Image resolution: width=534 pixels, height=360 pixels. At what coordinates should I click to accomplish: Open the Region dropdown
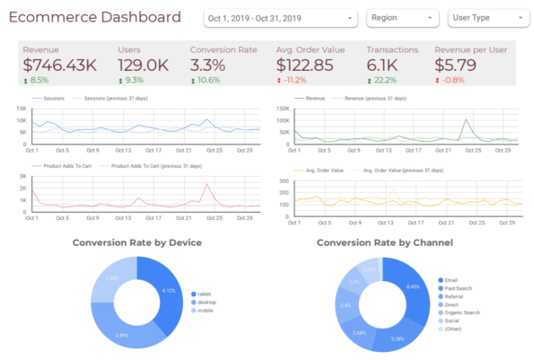(400, 18)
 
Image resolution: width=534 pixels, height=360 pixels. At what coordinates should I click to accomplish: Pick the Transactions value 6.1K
(384, 65)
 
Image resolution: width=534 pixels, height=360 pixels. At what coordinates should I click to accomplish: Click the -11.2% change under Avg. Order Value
(292, 79)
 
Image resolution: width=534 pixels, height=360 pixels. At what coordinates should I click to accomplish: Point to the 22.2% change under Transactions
(381, 79)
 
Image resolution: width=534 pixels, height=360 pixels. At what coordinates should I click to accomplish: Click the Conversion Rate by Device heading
(136, 242)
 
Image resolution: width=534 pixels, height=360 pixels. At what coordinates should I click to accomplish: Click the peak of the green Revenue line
(467, 120)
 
